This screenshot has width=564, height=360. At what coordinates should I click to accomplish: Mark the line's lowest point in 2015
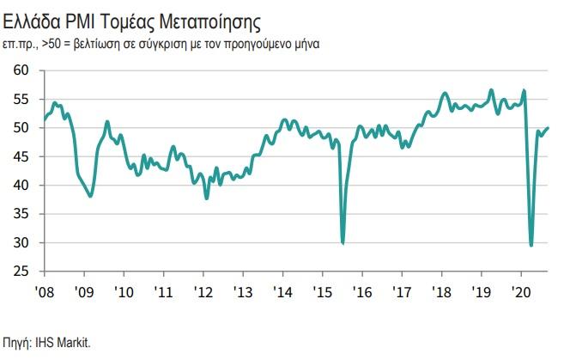343,243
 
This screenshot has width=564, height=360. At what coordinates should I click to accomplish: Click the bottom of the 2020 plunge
531,246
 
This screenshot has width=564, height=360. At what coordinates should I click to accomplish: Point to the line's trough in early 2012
207,198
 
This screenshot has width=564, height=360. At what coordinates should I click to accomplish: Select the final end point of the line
549,128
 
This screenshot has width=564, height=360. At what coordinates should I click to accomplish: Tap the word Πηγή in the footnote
17,342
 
